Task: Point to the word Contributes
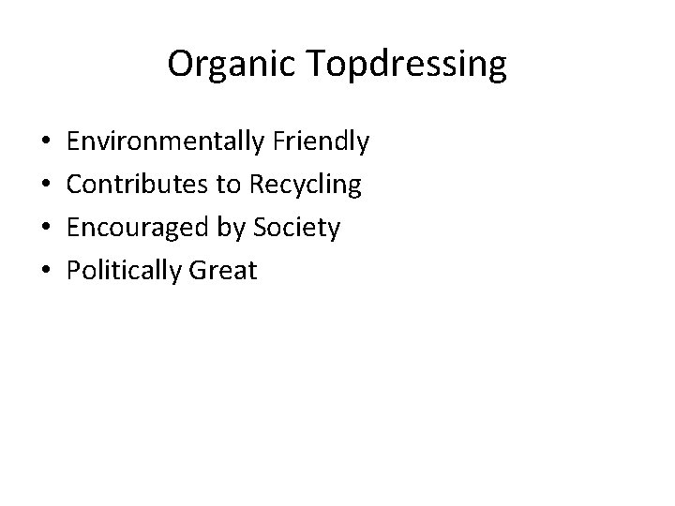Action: click(139, 186)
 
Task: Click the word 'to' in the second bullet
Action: click(229, 186)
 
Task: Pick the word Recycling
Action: click(305, 186)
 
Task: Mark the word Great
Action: click(222, 272)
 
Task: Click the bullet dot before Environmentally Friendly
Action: click(47, 143)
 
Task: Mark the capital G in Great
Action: click(196, 272)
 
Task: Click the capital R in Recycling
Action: click(256, 186)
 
